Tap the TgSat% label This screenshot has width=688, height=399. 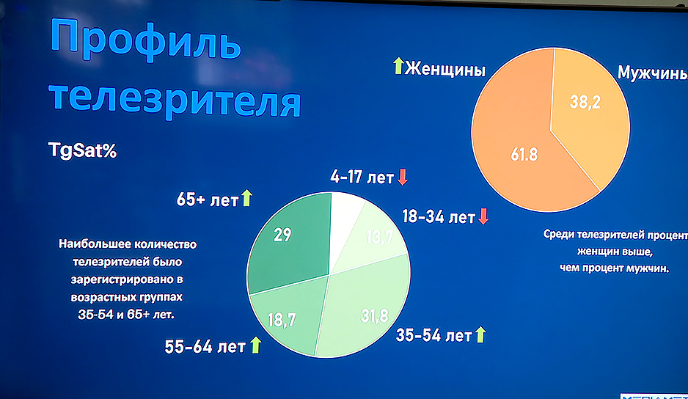(82, 151)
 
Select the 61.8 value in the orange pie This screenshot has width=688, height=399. (524, 155)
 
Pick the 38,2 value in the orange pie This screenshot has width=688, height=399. (585, 103)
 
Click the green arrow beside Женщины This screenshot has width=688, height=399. (398, 67)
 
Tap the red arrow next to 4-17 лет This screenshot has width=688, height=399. (402, 177)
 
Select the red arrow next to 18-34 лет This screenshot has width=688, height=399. (483, 217)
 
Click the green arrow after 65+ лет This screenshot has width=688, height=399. (246, 197)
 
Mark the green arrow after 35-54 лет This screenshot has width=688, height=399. (480, 335)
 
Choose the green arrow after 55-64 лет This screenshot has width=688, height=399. (255, 345)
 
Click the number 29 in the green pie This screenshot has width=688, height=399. (283, 235)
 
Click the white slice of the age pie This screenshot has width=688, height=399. (345, 212)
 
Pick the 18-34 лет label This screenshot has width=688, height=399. (439, 217)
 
